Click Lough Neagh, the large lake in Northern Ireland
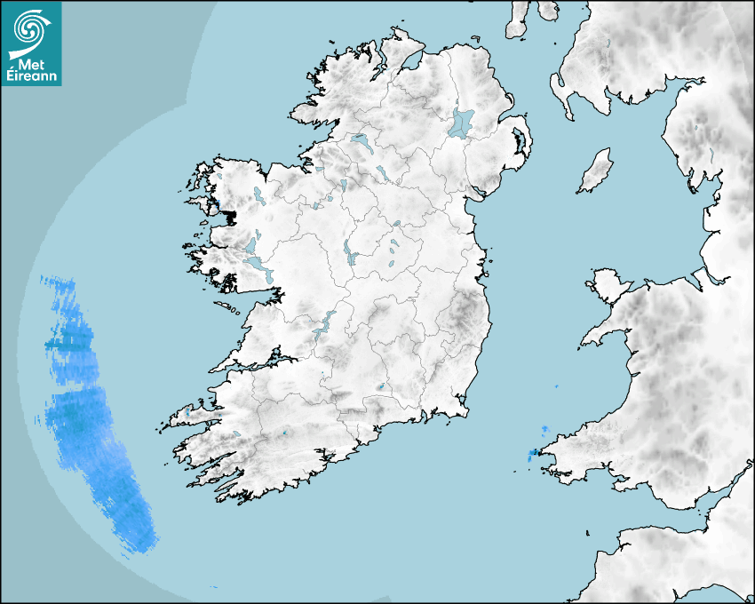point(462,123)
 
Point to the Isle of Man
point(596,171)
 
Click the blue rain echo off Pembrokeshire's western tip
point(532,455)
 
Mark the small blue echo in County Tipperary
point(381,386)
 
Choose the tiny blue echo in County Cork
point(285,433)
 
